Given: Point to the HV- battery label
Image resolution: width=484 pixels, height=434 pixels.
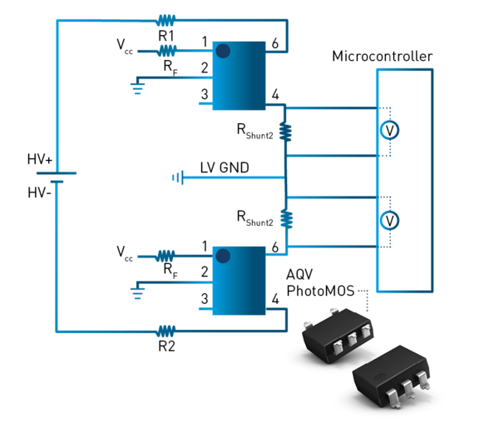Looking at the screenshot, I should pyautogui.click(x=42, y=192).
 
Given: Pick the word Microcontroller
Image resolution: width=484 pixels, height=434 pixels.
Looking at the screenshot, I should pyautogui.click(x=383, y=57).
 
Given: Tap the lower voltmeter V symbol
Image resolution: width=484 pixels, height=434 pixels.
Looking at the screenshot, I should pyautogui.click(x=388, y=219).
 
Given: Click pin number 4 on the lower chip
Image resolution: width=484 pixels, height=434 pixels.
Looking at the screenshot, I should pyautogui.click(x=274, y=298).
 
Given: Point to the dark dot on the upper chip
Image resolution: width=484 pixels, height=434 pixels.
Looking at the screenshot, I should pyautogui.click(x=223, y=52).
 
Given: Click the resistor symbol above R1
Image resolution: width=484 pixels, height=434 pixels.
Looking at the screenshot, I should pyautogui.click(x=165, y=19).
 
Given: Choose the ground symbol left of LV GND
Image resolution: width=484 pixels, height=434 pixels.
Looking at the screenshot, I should pyautogui.click(x=177, y=177).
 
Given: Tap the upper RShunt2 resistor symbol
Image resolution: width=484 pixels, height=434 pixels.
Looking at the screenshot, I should pyautogui.click(x=285, y=132).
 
